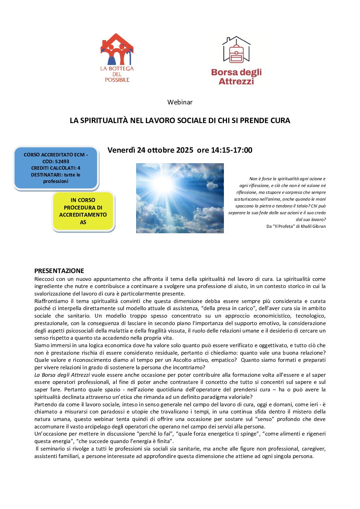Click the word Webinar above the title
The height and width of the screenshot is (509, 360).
pos(180,102)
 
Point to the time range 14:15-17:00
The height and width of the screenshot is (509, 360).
pos(232,150)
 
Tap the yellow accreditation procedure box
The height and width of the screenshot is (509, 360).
pos(83,211)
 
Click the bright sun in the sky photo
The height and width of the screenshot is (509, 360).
pos(164,184)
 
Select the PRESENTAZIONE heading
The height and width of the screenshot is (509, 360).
pos(59,271)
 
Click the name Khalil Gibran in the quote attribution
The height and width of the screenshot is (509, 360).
pos(313,226)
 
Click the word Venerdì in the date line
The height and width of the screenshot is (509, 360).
pos(121,150)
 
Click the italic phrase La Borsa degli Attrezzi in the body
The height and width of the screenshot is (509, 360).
pos(62,375)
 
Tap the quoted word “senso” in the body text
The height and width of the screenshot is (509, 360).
pos(264,419)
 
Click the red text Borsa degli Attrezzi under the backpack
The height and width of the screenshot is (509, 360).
pos(236,77)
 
